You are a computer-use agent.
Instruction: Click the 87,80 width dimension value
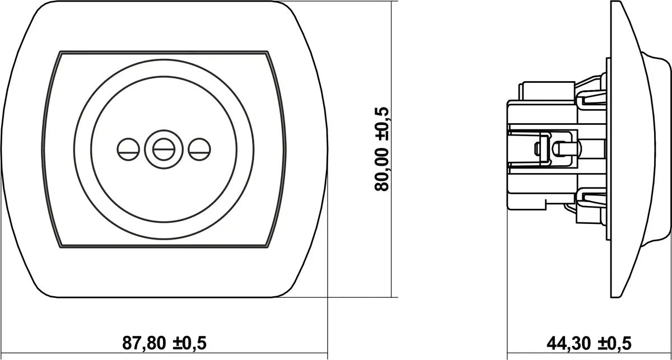click(x=144, y=343)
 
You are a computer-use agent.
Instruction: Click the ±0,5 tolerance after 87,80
click(x=190, y=343)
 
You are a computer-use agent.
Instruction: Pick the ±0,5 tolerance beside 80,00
click(x=382, y=124)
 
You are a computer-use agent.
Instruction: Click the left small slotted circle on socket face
click(x=128, y=149)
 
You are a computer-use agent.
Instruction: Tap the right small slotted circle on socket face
click(x=199, y=149)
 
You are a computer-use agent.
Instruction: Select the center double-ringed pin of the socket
click(x=164, y=149)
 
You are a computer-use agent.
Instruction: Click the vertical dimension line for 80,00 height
click(x=391, y=149)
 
